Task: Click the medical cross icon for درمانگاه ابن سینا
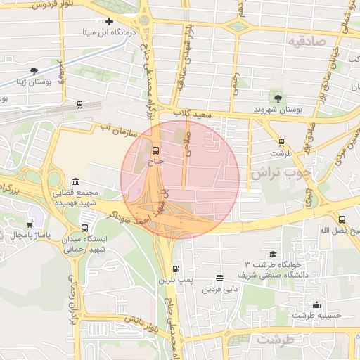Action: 109,22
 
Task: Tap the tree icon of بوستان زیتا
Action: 34,70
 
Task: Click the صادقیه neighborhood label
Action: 307,41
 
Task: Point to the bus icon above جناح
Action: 155,150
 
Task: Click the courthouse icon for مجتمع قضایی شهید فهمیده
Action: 75,181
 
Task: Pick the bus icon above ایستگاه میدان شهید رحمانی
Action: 85,228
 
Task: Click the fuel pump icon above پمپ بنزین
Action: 175,269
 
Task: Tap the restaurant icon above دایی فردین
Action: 220,278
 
